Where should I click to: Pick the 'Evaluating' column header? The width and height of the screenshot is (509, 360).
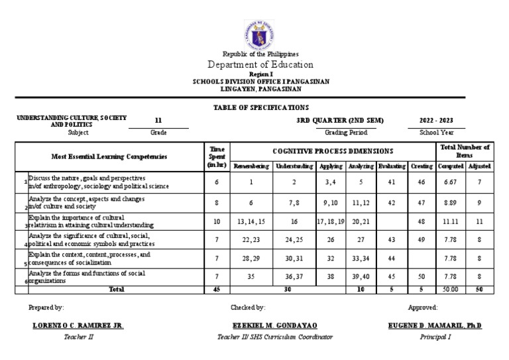pyautogui.click(x=392, y=166)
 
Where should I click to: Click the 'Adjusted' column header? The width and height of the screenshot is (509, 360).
pyautogui.click(x=479, y=166)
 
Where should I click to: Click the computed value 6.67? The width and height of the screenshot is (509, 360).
pyautogui.click(x=450, y=182)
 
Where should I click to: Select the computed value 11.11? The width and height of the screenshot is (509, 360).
pyautogui.click(x=450, y=220)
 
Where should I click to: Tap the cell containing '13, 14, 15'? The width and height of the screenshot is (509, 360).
pyautogui.click(x=250, y=220)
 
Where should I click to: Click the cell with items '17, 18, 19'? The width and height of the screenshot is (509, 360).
pyautogui.click(x=331, y=220)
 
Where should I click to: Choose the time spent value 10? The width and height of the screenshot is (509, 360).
pyautogui.click(x=217, y=220)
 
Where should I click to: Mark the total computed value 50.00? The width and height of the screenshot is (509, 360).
pyautogui.click(x=450, y=289)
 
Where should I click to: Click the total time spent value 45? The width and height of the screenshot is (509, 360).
pyautogui.click(x=217, y=289)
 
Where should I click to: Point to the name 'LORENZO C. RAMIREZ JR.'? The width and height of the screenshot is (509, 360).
pyautogui.click(x=78, y=326)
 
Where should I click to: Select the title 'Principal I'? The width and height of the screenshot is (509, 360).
pyautogui.click(x=435, y=337)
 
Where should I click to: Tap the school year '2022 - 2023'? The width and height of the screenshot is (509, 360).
pyautogui.click(x=437, y=121)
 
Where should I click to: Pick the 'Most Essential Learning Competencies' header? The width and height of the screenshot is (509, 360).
pyautogui.click(x=109, y=157)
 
